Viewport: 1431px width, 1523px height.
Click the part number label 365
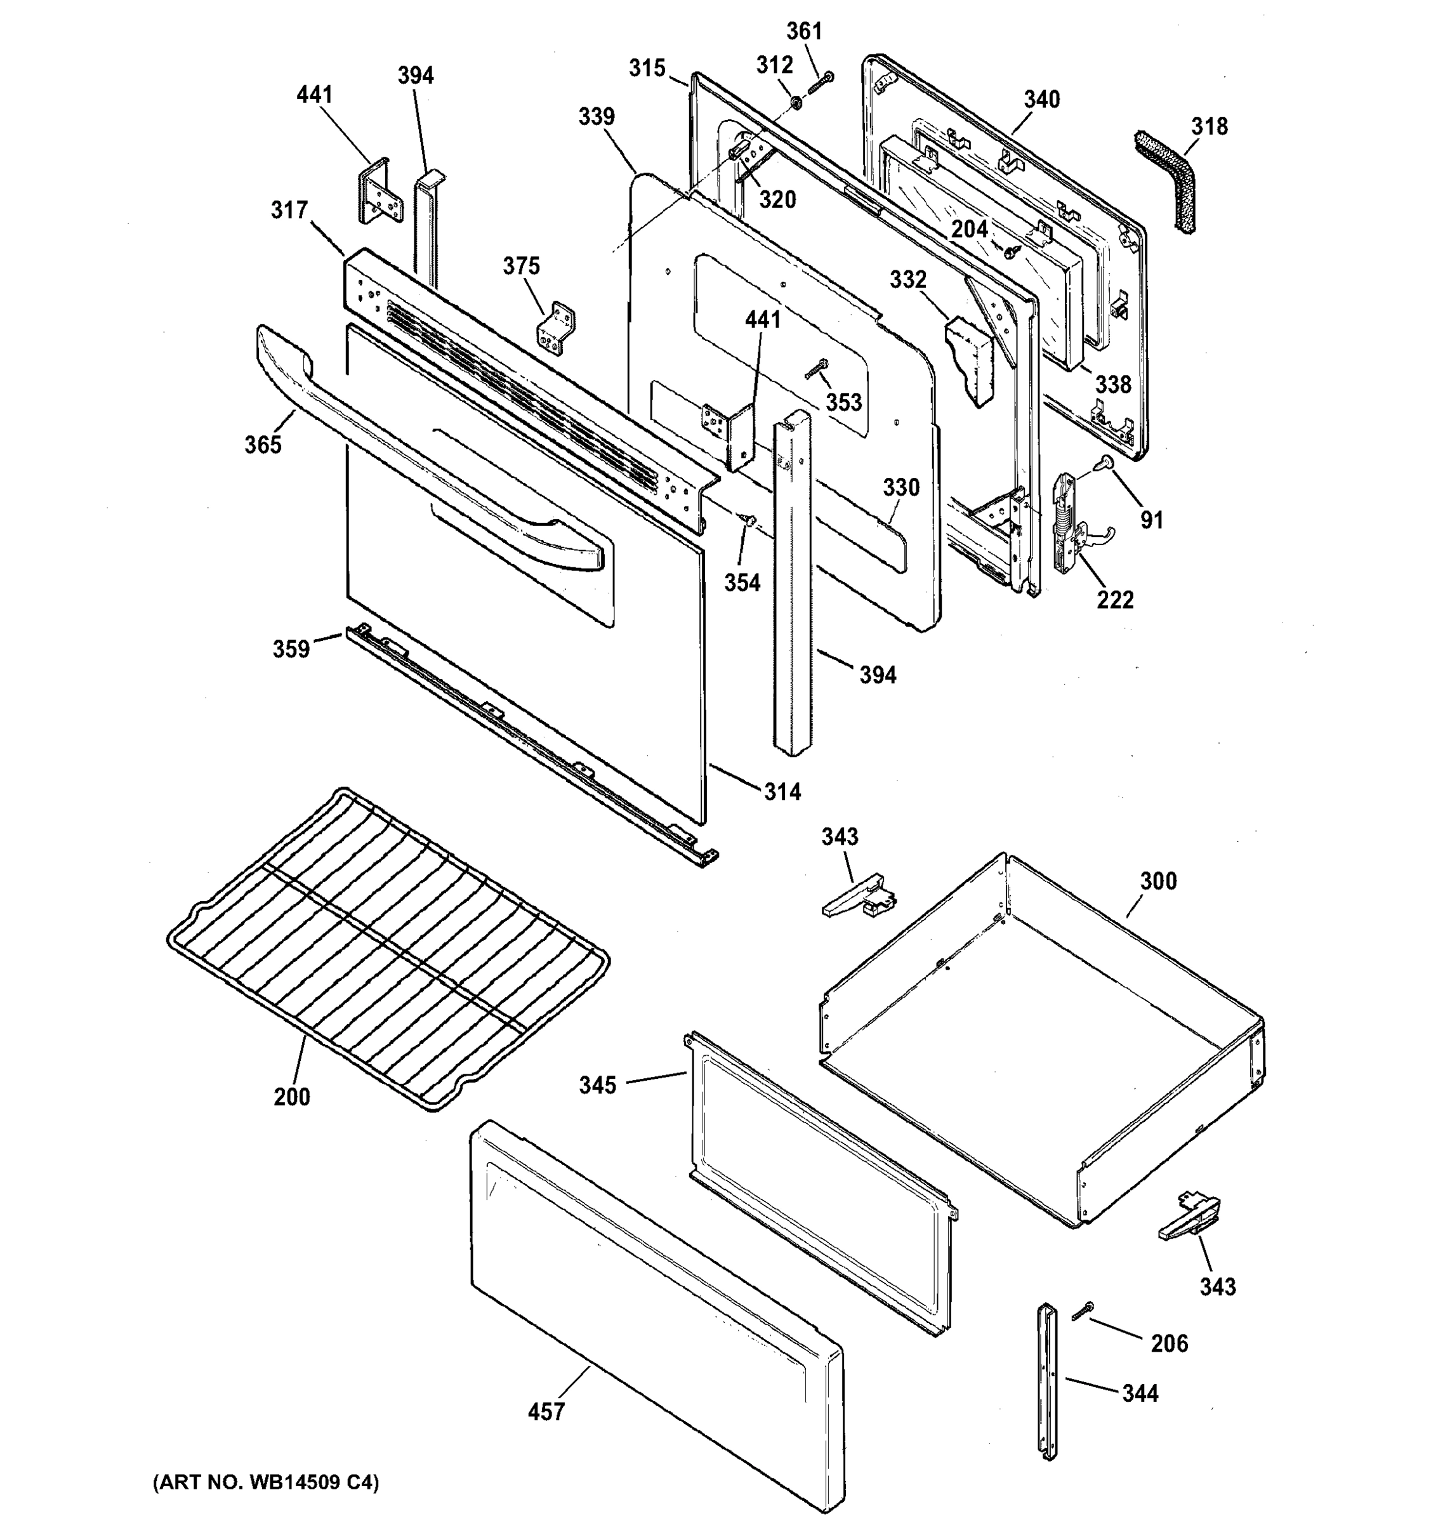263,444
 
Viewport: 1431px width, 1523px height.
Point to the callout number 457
546,1411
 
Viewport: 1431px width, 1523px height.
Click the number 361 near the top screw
805,31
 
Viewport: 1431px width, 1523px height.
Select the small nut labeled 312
795,101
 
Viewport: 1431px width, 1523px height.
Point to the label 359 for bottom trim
291,649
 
